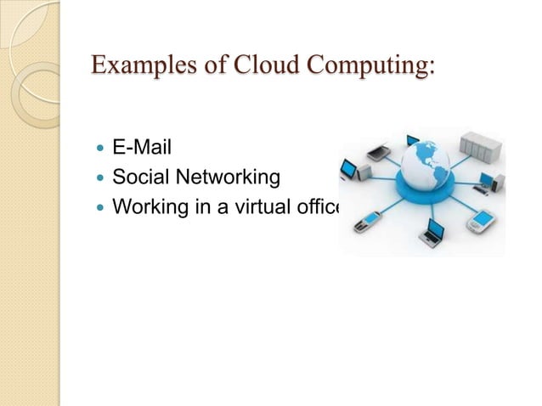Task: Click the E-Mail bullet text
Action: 142,149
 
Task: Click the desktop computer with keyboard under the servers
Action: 490,182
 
